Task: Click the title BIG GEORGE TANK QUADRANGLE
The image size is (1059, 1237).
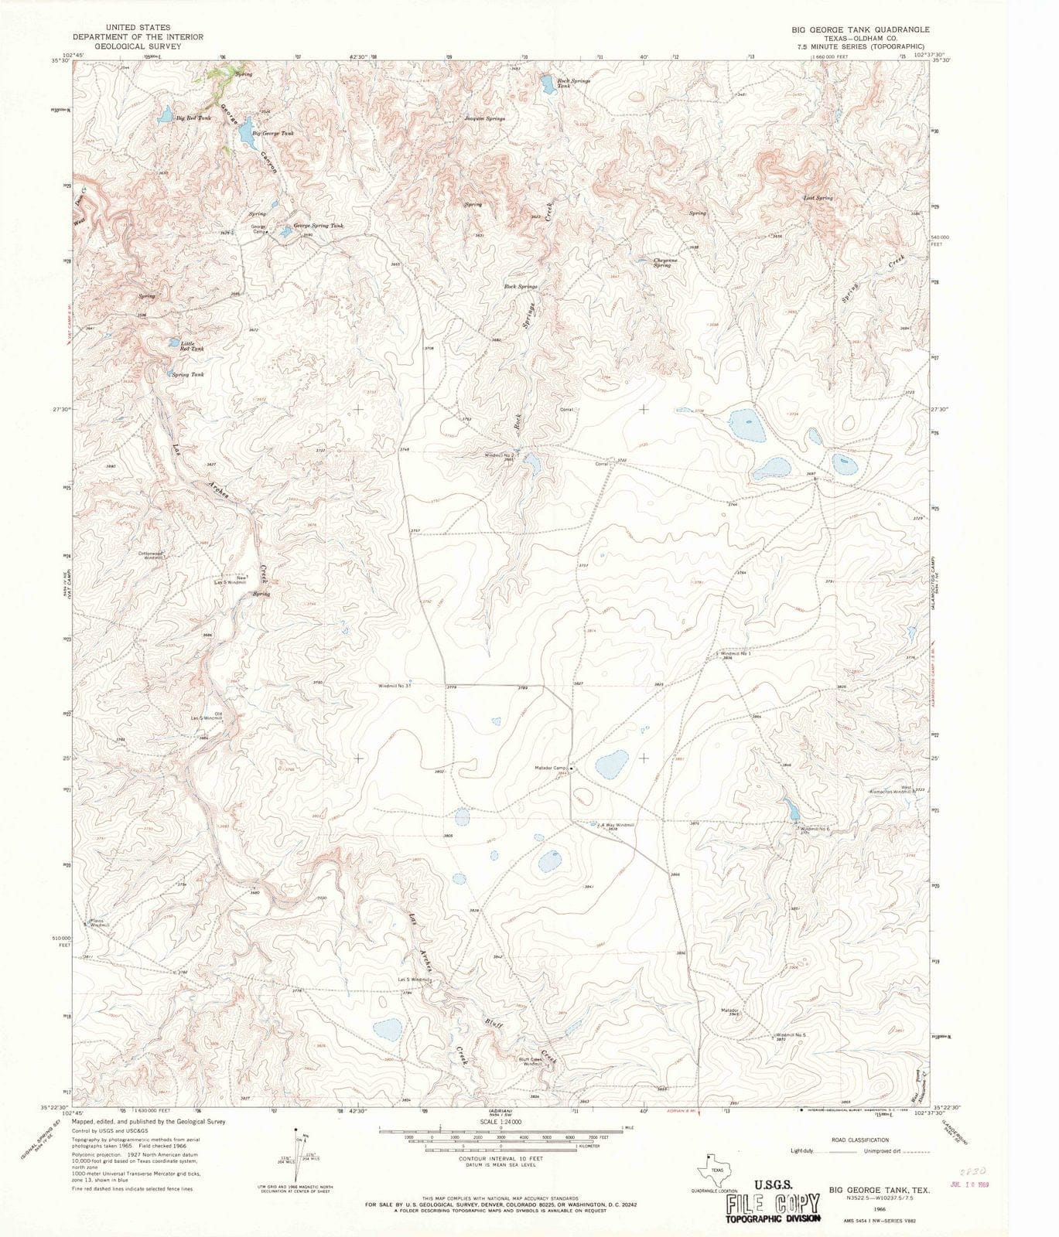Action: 849,29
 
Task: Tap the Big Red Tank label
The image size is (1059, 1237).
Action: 193,118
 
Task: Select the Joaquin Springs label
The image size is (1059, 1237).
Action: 484,118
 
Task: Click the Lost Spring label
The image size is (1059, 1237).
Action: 818,198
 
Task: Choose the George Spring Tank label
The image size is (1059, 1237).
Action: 317,226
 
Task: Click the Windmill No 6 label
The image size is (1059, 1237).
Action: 814,829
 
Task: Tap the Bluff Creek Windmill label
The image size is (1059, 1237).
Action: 535,1061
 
